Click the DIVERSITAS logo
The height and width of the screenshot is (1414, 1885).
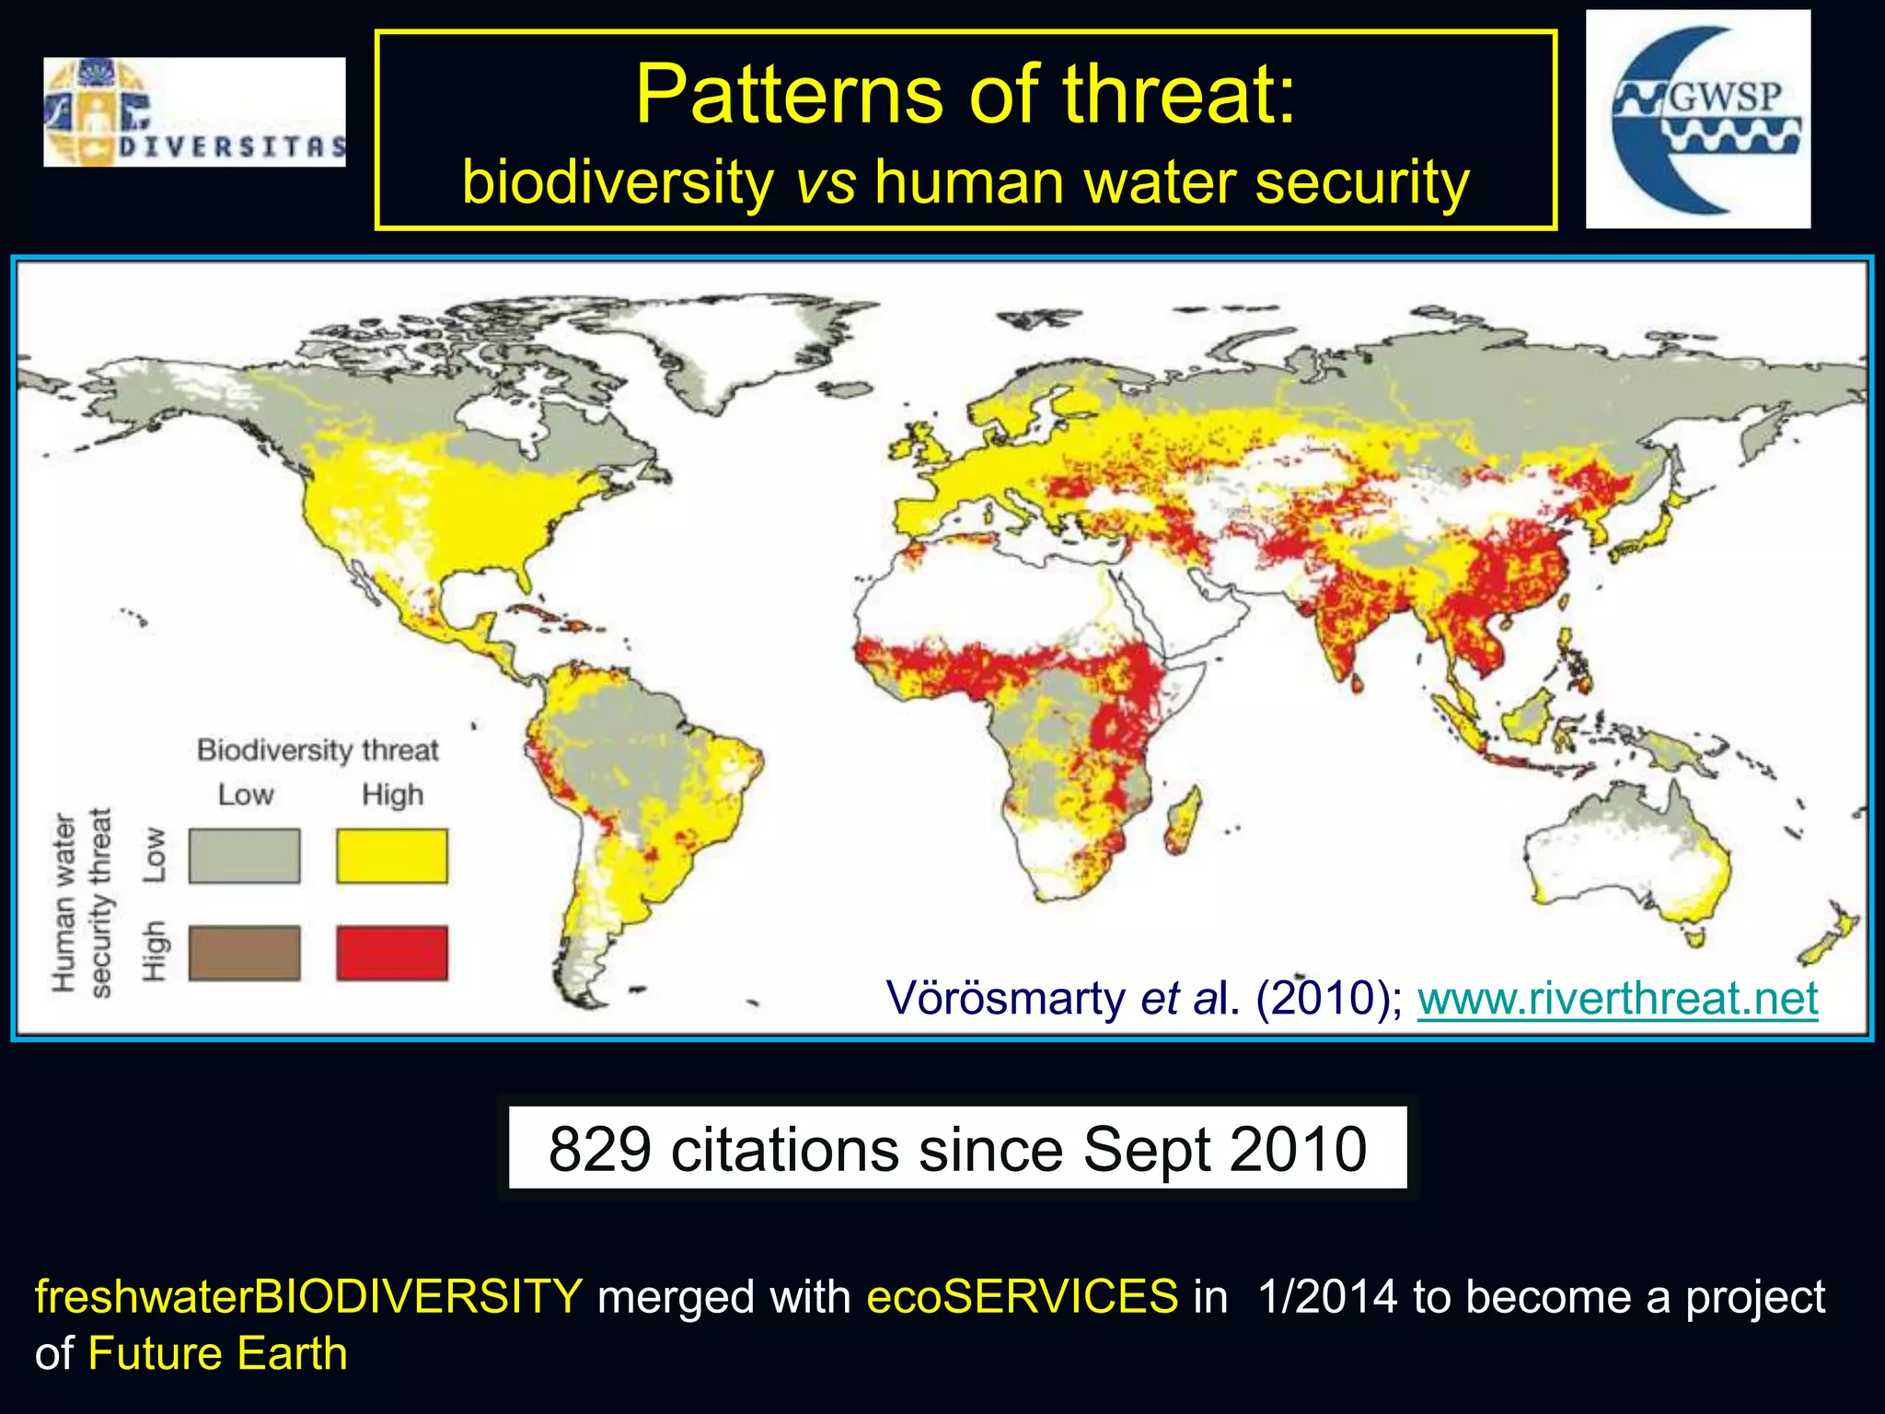(194, 112)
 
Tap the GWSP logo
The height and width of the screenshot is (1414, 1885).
(1698, 120)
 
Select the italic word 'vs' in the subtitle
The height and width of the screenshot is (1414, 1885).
(825, 182)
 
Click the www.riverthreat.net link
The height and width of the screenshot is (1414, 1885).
(1617, 999)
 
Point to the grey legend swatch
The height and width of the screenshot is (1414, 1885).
(245, 856)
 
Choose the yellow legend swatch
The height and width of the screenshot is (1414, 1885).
(392, 856)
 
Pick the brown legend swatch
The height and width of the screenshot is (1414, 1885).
(245, 953)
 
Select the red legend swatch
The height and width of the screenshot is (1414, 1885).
(392, 953)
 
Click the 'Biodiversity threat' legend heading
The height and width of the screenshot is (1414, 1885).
(318, 750)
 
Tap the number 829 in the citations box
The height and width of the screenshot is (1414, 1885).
(600, 1150)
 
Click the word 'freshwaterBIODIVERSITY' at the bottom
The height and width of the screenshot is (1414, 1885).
(308, 1297)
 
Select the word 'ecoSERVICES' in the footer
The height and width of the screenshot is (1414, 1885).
(1022, 1297)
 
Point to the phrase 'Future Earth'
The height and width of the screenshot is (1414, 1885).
(218, 1354)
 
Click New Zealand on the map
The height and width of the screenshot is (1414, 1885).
(1827, 948)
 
